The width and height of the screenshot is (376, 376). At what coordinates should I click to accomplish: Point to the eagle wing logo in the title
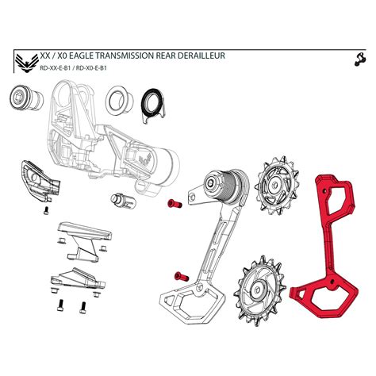(x=26, y=61)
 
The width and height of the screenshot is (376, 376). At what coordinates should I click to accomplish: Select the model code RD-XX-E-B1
(x=58, y=69)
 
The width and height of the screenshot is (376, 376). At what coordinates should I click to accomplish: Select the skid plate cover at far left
(x=38, y=181)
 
